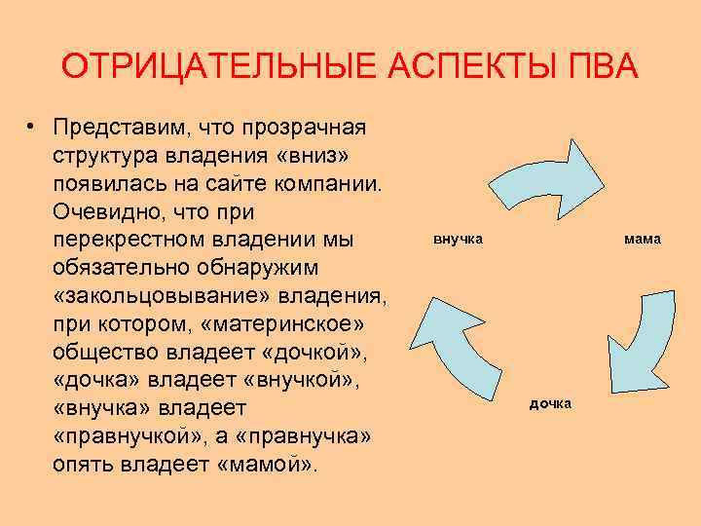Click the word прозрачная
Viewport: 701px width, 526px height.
[306, 129]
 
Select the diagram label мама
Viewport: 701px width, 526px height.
[642, 238]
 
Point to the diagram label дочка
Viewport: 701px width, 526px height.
[550, 403]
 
